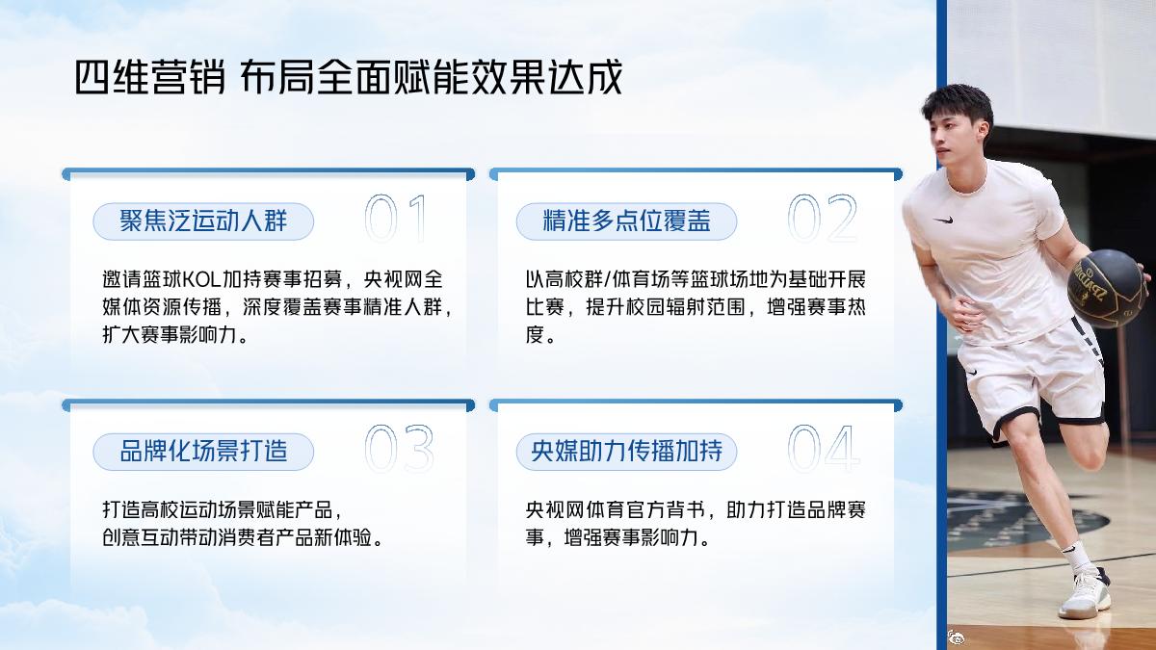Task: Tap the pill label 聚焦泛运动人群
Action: pyautogui.click(x=203, y=221)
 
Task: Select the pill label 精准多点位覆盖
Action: pyautogui.click(x=626, y=221)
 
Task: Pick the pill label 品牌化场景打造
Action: pyautogui.click(x=203, y=451)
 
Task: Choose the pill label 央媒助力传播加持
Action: pyautogui.click(x=626, y=451)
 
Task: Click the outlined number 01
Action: pyautogui.click(x=395, y=220)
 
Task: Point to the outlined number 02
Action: pyautogui.click(x=822, y=220)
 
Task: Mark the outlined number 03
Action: pyautogui.click(x=399, y=449)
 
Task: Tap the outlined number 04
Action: pyautogui.click(x=824, y=449)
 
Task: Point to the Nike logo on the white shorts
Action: pyautogui.click(x=972, y=372)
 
